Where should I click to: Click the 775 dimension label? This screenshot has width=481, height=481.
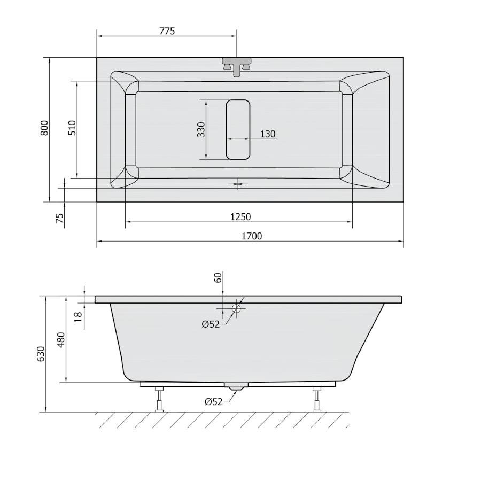[167, 31]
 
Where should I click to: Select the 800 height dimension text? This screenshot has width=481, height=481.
[44, 128]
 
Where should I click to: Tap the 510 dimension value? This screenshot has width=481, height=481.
[72, 128]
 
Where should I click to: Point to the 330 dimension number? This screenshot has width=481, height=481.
[201, 129]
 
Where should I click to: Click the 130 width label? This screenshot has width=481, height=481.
[268, 134]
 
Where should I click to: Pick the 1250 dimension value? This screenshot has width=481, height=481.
[241, 217]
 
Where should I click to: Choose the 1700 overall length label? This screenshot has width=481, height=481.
[252, 236]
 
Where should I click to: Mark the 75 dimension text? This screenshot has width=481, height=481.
[60, 218]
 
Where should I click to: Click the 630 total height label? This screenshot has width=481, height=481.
[41, 354]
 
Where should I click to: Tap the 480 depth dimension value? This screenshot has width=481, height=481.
[61, 339]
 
